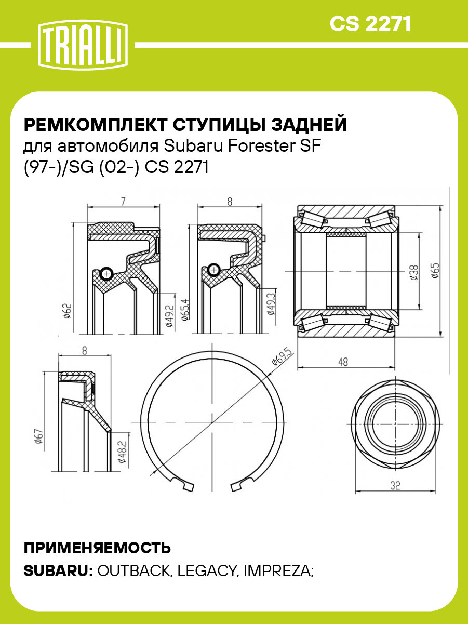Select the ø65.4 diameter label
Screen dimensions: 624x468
click(x=185, y=310)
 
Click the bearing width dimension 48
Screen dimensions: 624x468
click(x=342, y=362)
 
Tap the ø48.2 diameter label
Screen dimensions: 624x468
click(x=123, y=453)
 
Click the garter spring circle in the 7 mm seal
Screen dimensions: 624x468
click(x=106, y=273)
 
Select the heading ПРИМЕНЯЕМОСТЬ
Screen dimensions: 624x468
click(x=97, y=548)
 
